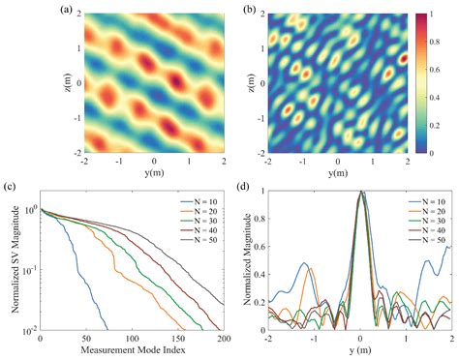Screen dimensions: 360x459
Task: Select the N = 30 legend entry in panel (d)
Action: tap(422, 217)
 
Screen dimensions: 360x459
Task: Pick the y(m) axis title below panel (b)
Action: tap(336, 171)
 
